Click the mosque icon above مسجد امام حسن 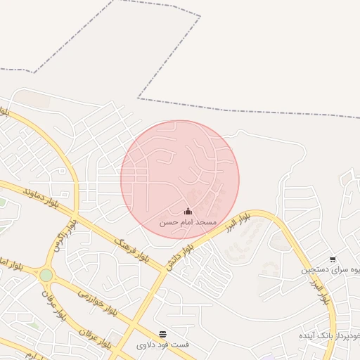click(188, 211)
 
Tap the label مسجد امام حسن click(188, 222)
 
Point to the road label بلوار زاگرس click(65, 238)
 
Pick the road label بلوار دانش click(180, 257)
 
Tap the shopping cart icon click(332, 259)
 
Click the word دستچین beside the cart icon click(315, 270)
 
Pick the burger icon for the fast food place click(163, 334)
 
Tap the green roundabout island click(46, 275)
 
